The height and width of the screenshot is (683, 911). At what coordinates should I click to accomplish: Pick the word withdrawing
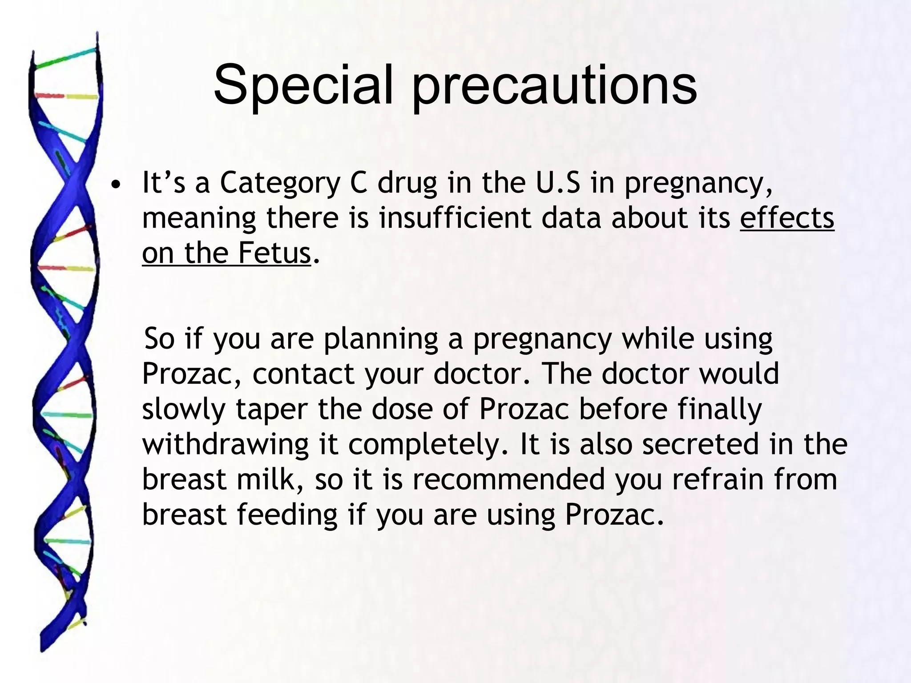[x=226, y=444]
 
